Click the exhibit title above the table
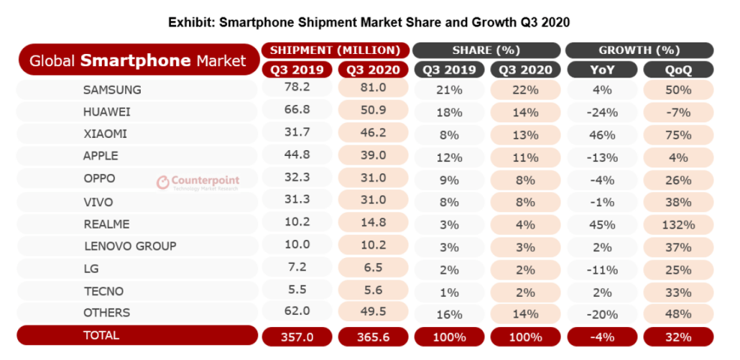point(369,22)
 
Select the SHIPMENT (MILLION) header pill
point(335,50)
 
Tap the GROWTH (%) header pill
point(639,50)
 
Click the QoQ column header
point(678,69)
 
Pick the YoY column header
point(601,69)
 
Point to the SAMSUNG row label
point(112,91)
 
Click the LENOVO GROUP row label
point(130,246)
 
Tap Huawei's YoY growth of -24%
point(601,112)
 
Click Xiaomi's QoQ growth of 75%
point(678,134)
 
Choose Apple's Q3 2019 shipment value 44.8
point(297,156)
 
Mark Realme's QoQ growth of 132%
point(678,225)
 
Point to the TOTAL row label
point(101,336)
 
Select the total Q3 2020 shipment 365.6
point(372,336)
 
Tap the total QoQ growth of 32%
point(678,336)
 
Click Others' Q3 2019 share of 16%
point(449,313)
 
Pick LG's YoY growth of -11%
point(601,269)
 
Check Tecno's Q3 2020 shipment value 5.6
point(372,291)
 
